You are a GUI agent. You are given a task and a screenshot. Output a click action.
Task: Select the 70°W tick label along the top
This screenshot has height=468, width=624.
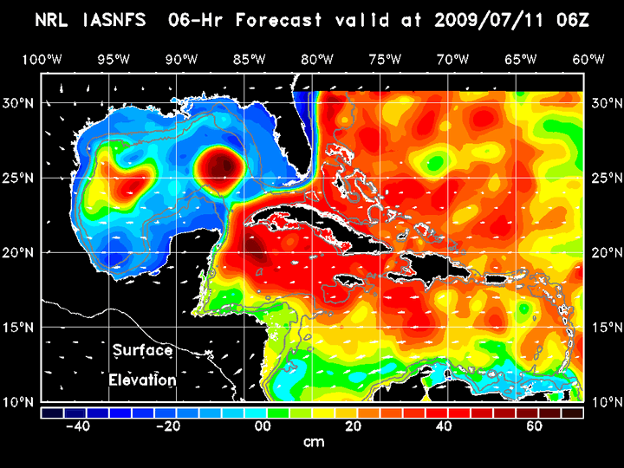(x=453, y=59)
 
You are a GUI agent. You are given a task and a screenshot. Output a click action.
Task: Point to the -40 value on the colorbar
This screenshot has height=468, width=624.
(x=79, y=427)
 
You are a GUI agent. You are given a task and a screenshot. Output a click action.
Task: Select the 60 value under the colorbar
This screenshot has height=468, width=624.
(x=535, y=427)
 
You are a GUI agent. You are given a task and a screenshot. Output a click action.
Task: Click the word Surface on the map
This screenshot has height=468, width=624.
(x=141, y=350)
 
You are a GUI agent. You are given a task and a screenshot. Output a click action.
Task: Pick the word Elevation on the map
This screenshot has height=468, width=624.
(x=143, y=380)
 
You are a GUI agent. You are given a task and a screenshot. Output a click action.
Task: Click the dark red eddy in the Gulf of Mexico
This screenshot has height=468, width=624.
(x=218, y=164)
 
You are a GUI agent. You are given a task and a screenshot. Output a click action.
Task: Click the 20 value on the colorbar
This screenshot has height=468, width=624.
(x=352, y=427)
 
